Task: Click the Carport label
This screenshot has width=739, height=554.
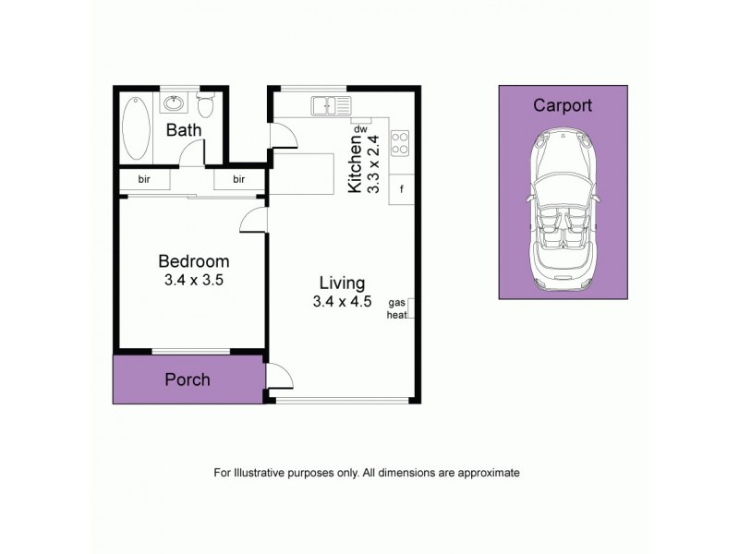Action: (x=563, y=105)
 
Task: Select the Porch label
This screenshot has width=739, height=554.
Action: (x=188, y=379)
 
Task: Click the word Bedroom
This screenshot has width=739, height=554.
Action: (x=193, y=261)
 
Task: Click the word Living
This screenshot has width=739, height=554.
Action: (x=342, y=283)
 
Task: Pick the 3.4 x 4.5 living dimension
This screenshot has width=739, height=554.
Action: (x=342, y=301)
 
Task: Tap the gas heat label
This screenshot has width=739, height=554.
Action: (x=397, y=308)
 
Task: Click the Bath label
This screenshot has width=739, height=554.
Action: (x=184, y=130)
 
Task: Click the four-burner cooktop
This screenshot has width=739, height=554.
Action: (x=401, y=143)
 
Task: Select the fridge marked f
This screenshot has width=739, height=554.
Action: (x=402, y=189)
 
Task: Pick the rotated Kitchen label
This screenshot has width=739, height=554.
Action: (x=355, y=163)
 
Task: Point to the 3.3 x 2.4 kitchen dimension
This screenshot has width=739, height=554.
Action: (x=374, y=163)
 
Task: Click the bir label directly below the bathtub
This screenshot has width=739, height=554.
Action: (x=145, y=179)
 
